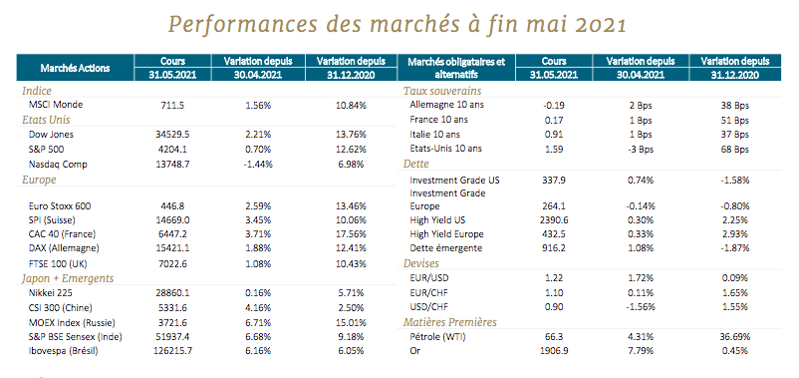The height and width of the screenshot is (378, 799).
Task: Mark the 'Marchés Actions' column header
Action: (x=75, y=68)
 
